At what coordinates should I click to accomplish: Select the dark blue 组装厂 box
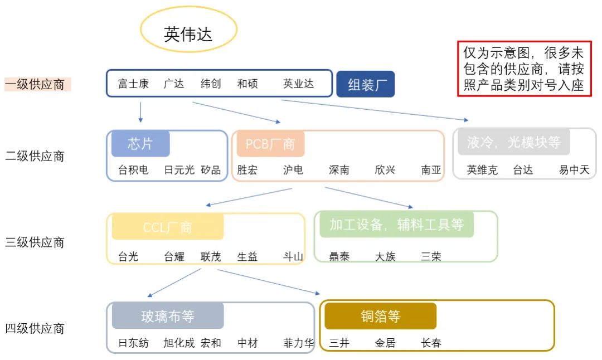click(366, 84)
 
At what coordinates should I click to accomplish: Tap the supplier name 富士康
click(133, 84)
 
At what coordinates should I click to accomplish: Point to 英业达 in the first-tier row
click(298, 84)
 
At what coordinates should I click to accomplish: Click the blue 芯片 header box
click(140, 144)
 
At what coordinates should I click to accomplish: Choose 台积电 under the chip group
click(133, 170)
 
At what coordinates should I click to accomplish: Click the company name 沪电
click(293, 170)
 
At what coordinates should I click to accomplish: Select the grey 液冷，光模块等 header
click(513, 142)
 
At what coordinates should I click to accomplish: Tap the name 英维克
click(482, 170)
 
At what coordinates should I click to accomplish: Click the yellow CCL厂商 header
click(167, 227)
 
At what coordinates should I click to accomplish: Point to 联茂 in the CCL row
click(211, 257)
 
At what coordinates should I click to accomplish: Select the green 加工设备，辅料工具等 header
click(396, 224)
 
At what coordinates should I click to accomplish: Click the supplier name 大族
click(385, 257)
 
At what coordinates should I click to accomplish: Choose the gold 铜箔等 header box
click(380, 316)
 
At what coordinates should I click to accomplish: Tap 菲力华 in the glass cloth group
click(298, 343)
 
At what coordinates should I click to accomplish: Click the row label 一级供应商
click(35, 85)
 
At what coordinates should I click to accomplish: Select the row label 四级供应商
click(35, 329)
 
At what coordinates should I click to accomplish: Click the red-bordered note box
click(523, 69)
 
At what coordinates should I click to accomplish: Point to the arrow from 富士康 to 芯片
click(140, 111)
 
